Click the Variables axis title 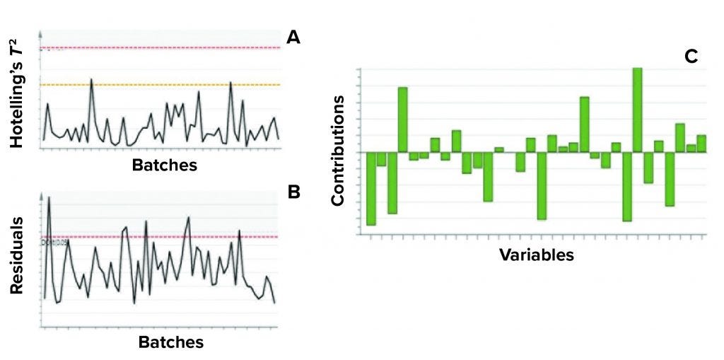click(537, 254)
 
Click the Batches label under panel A click(165, 166)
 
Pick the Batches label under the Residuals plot click(171, 342)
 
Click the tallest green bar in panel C click(637, 110)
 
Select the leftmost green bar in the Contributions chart click(371, 188)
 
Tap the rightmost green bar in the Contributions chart click(701, 143)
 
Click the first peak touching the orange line click(91, 80)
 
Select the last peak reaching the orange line click(230, 83)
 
